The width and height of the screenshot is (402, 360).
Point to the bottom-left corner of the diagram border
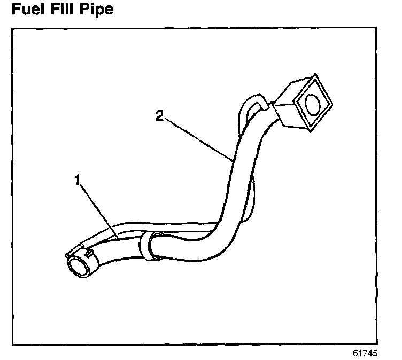(x=12, y=345)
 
